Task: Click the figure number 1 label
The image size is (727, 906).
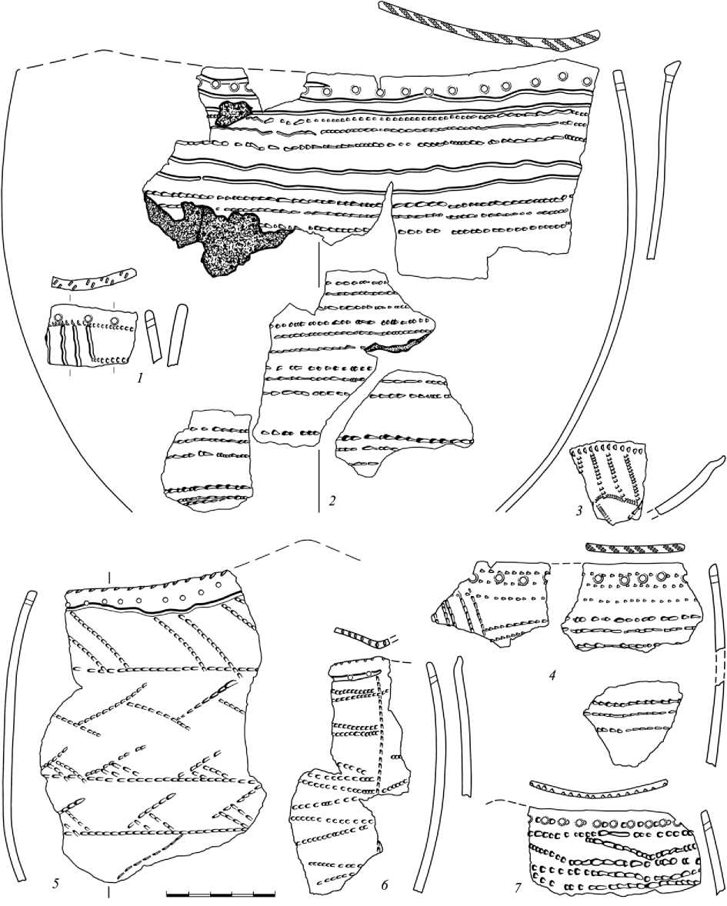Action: [x=139, y=379]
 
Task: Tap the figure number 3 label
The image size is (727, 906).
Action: [x=579, y=510]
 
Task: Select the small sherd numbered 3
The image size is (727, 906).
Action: [x=608, y=481]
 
